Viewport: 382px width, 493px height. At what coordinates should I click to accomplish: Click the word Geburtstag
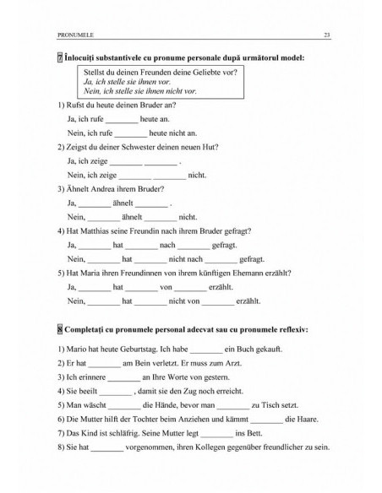coord(131,348)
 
